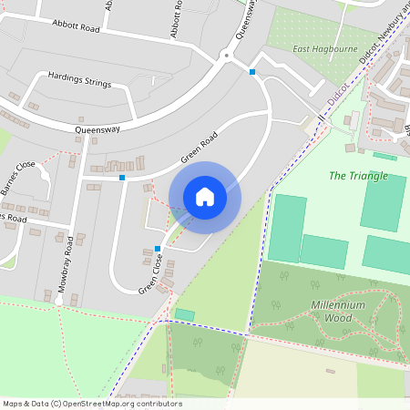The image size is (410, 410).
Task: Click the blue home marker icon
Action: pos(204,197)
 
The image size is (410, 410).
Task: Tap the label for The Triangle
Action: pos(358,175)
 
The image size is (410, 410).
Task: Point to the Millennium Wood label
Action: pos(338,312)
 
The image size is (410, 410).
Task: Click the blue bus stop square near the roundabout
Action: pos(252,71)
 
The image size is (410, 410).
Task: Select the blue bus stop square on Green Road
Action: pos(122,178)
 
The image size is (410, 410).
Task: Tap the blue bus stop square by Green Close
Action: pos(158,248)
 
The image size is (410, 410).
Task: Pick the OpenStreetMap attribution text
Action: pos(91,404)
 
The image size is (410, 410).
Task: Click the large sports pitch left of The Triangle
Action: pos(288,228)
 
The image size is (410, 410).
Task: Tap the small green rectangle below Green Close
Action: pos(185,314)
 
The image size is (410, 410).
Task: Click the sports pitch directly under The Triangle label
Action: pos(383,202)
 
